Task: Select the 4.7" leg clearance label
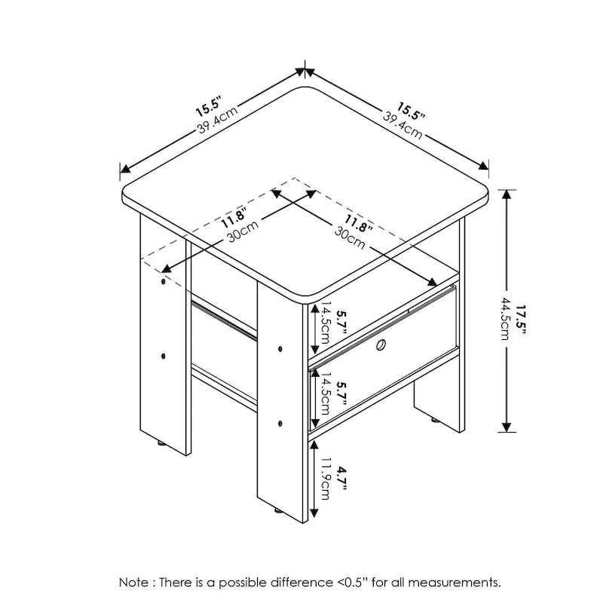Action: [343, 479]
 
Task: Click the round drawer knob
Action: [382, 345]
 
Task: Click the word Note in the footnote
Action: [134, 582]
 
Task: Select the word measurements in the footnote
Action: [456, 582]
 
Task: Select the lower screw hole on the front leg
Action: [280, 423]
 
